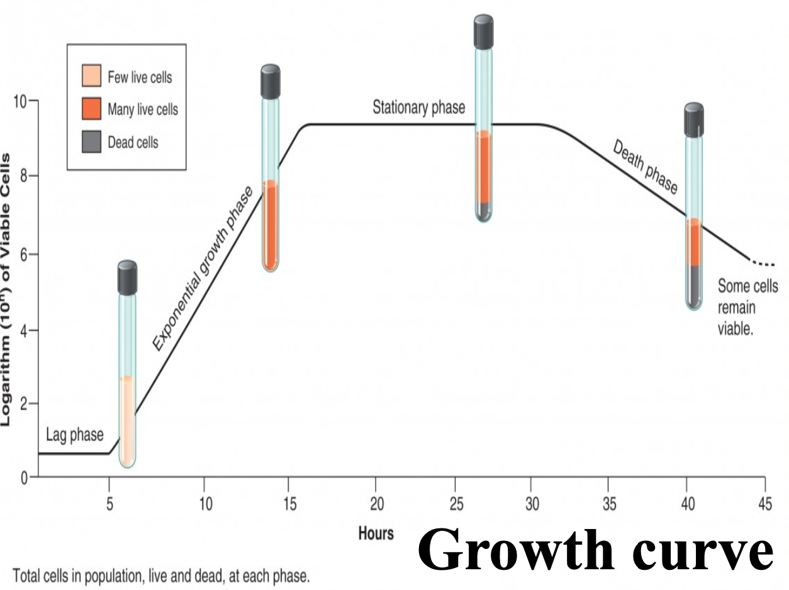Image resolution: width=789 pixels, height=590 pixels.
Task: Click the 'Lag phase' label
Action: (x=74, y=435)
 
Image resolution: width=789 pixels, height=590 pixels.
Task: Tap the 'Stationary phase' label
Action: (x=418, y=108)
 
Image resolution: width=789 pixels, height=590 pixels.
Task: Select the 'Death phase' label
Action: (x=645, y=167)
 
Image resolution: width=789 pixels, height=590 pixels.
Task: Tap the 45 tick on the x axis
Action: (x=764, y=503)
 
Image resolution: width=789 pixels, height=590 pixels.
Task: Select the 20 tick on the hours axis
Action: (x=375, y=503)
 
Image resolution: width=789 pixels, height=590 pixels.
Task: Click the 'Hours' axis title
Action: (x=376, y=533)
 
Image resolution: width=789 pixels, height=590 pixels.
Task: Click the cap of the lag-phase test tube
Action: (x=127, y=277)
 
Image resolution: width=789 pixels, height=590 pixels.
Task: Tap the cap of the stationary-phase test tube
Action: (x=483, y=32)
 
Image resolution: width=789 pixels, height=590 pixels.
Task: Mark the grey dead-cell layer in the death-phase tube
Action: (x=693, y=286)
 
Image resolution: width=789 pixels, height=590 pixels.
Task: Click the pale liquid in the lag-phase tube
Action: (x=127, y=421)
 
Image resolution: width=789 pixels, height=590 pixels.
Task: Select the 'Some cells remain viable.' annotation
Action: (x=742, y=308)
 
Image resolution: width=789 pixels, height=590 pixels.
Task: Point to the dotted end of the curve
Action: (x=763, y=264)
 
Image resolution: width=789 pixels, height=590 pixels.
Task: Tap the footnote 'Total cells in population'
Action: (x=161, y=576)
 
